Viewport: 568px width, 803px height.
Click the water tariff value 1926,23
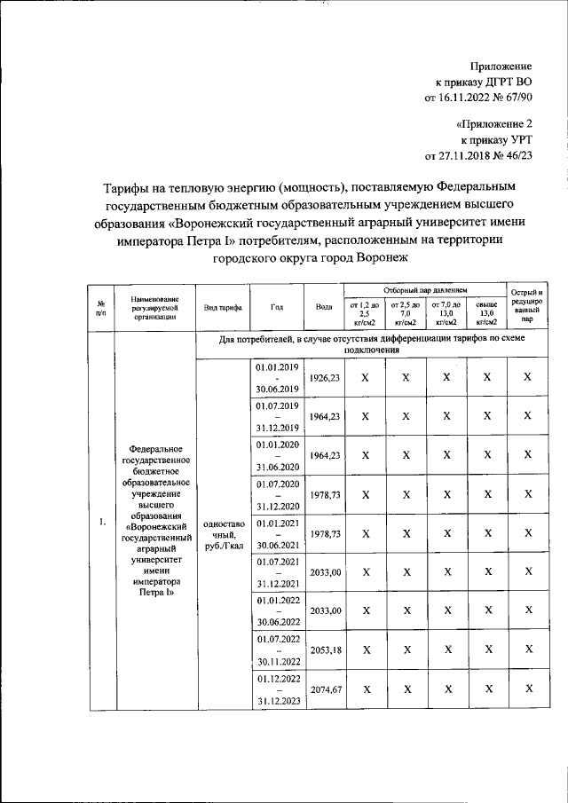coord(323,377)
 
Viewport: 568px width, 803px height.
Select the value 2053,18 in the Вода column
coord(323,650)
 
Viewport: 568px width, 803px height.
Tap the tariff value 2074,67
coord(323,689)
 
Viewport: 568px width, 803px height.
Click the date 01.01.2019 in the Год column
coord(277,366)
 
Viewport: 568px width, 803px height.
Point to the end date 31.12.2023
coord(277,700)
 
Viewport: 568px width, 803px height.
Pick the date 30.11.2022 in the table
coord(277,661)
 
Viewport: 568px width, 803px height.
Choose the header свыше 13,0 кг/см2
coord(486,313)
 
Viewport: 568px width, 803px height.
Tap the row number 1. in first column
coord(102,521)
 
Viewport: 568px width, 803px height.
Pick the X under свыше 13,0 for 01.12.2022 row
coord(486,689)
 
